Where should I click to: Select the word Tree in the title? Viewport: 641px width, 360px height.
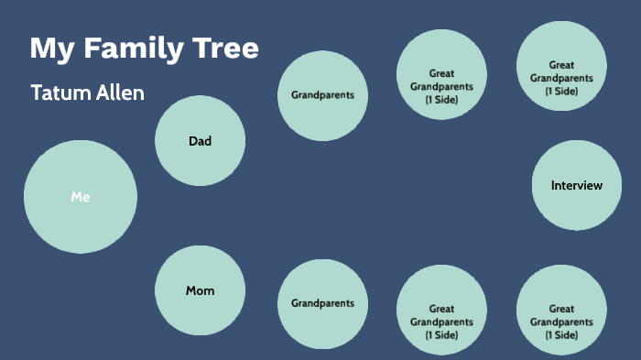pyautogui.click(x=226, y=49)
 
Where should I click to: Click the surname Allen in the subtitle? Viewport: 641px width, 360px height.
pyautogui.click(x=119, y=93)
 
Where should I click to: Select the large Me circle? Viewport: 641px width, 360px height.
pyautogui.click(x=81, y=196)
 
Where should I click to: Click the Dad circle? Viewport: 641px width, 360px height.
pyautogui.click(x=200, y=141)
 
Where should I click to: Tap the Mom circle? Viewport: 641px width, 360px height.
pyautogui.click(x=200, y=291)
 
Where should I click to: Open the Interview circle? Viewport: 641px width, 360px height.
pyautogui.click(x=577, y=186)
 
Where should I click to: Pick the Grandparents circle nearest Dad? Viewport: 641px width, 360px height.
pyautogui.click(x=322, y=95)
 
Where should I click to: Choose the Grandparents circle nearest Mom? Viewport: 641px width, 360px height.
pyautogui.click(x=322, y=303)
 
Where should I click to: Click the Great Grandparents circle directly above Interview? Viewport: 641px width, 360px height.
pyautogui.click(x=560, y=65)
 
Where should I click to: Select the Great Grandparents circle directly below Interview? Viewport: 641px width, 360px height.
pyautogui.click(x=560, y=310)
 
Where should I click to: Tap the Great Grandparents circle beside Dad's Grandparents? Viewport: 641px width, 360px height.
pyautogui.click(x=441, y=74)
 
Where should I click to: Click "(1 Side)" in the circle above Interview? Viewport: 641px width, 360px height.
pyautogui.click(x=560, y=91)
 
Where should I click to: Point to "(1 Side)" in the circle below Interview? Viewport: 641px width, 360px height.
pyautogui.click(x=560, y=335)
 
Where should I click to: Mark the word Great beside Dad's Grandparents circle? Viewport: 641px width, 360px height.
pyautogui.click(x=441, y=73)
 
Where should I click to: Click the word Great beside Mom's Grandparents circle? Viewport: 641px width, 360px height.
pyautogui.click(x=441, y=309)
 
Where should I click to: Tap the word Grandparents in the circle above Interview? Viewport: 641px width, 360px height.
pyautogui.click(x=560, y=78)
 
